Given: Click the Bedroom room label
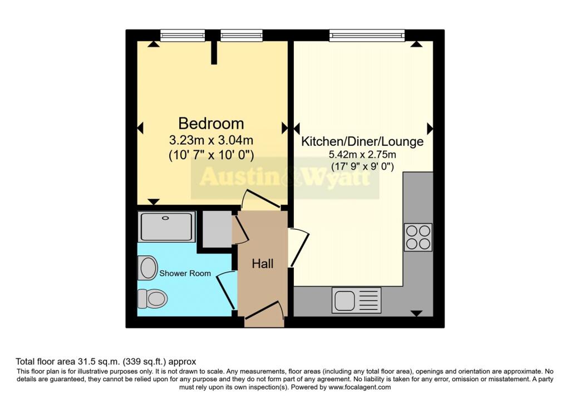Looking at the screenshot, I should (211, 123).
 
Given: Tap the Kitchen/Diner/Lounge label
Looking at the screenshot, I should (362, 141).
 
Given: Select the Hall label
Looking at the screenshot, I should (263, 264).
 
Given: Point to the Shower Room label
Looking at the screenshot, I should (185, 273).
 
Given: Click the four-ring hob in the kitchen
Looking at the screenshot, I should (417, 237).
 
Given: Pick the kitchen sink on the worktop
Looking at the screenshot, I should (356, 300).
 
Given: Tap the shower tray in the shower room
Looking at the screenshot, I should (166, 226).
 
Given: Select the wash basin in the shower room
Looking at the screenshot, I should (148, 268).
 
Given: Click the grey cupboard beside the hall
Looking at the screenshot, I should (217, 228).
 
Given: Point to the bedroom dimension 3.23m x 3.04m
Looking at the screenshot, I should (211, 141).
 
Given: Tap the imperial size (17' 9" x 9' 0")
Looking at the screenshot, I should (362, 166).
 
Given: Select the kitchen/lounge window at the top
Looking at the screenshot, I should (367, 36).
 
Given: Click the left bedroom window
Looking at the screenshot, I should (179, 36).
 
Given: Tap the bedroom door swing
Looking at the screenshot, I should (261, 199).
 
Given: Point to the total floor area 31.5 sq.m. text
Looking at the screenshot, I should (106, 361).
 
